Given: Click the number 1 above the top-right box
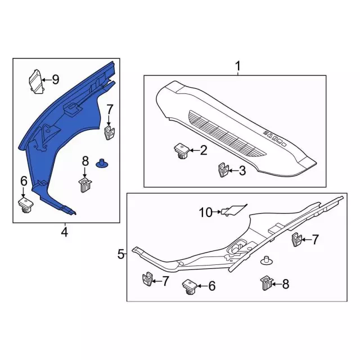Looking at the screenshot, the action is [238, 66].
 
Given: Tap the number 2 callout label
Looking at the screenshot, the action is [204, 150].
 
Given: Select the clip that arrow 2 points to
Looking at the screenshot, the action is [182, 151].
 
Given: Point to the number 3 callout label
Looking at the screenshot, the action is [242, 171].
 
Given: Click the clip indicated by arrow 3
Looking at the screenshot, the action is [223, 170].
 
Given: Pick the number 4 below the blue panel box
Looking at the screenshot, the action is [65, 232].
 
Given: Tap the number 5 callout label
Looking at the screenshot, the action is [121, 254].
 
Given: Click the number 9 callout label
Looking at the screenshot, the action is [56, 80].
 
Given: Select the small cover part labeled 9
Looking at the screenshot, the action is [36, 82].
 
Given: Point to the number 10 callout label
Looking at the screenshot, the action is [206, 213].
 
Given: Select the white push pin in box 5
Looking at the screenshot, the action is [266, 260].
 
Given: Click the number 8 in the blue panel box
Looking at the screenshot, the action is [85, 161].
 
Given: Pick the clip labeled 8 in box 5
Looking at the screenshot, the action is [266, 283].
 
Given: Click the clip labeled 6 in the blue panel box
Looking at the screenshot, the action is [26, 205].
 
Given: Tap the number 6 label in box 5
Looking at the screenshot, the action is [211, 286].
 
